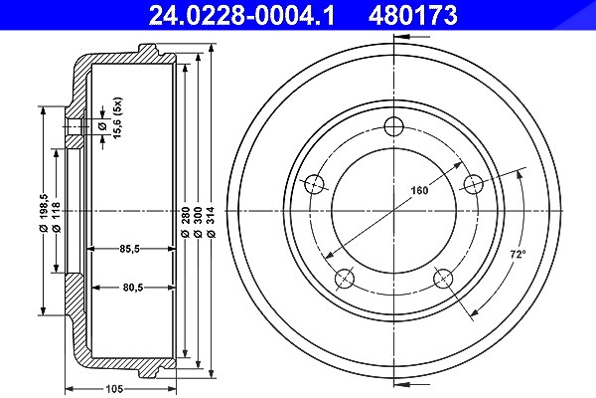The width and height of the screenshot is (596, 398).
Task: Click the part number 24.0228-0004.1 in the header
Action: coord(241,15)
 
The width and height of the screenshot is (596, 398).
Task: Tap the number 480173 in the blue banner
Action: coord(413,15)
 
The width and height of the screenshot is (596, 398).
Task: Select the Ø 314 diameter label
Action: coord(212,223)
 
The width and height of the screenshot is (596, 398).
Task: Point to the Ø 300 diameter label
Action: coord(198,223)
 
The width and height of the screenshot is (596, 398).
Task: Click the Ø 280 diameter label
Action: coord(185,223)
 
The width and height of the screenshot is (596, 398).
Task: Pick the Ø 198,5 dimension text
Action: coord(43,213)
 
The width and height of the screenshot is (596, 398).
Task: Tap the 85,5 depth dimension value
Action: coord(129,249)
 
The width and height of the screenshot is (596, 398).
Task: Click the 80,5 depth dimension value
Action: coord(133,288)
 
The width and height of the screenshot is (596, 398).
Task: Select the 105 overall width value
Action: coord(114,389)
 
